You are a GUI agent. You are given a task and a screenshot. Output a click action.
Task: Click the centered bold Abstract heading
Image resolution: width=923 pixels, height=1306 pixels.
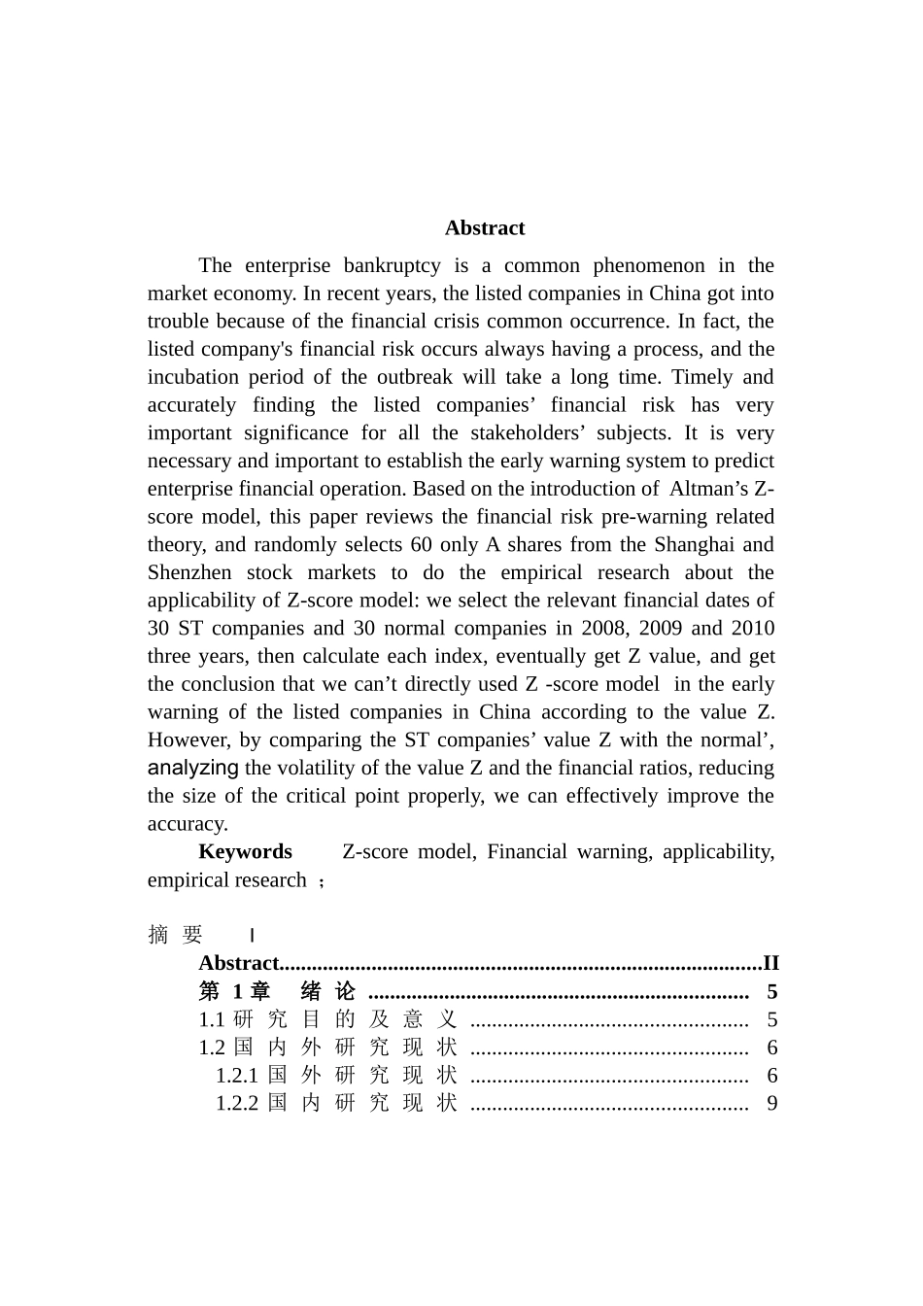[x=485, y=228]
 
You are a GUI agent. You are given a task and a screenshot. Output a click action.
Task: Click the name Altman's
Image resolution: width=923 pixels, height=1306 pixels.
[x=710, y=489]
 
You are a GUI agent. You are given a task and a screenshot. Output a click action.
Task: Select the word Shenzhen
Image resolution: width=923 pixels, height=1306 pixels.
[x=189, y=573]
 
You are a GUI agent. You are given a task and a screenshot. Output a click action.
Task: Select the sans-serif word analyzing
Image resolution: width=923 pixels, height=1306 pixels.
[x=192, y=768]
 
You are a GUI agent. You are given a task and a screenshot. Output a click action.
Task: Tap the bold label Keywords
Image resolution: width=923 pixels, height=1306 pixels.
[x=245, y=852]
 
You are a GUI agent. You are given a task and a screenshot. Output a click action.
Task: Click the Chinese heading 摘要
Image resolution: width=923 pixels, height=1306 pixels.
[x=176, y=935]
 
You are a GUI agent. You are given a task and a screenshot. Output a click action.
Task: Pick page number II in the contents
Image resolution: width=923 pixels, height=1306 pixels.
[x=770, y=964]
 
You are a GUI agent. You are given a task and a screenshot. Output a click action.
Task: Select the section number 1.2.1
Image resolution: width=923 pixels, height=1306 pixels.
[x=237, y=1076]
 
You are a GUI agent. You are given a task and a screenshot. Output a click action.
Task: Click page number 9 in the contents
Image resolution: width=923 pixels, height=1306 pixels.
[x=771, y=1104]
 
